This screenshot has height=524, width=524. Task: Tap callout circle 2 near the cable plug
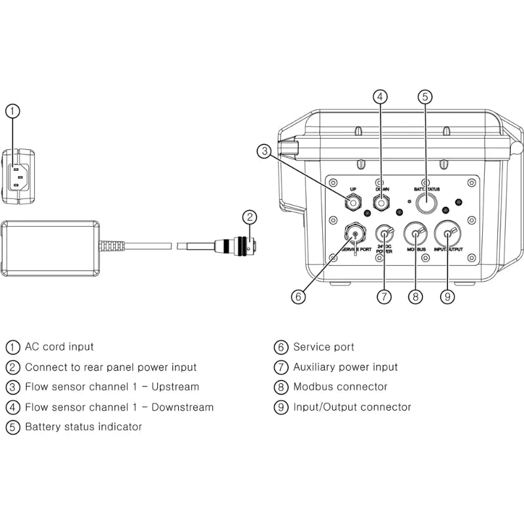tap(248, 217)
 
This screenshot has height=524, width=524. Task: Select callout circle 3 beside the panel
tap(264, 152)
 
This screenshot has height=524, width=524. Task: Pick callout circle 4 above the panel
tap(380, 97)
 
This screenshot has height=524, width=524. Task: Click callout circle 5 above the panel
tap(424, 97)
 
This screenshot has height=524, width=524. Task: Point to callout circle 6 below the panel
tap(298, 296)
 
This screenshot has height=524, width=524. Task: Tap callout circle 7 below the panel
tap(384, 296)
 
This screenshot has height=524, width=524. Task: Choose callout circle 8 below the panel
tap(415, 296)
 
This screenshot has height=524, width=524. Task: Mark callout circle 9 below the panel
tap(447, 296)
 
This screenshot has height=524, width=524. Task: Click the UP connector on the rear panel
tap(354, 203)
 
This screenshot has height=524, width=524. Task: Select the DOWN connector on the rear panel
tap(381, 203)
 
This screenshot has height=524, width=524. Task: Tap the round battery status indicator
tap(426, 204)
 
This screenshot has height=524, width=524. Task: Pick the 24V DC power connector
tap(384, 233)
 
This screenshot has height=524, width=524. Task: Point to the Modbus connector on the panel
tap(415, 234)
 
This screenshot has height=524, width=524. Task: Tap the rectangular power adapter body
tap(50, 247)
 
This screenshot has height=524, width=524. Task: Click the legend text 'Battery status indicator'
tap(83, 427)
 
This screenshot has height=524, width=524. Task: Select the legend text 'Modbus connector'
tap(340, 387)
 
